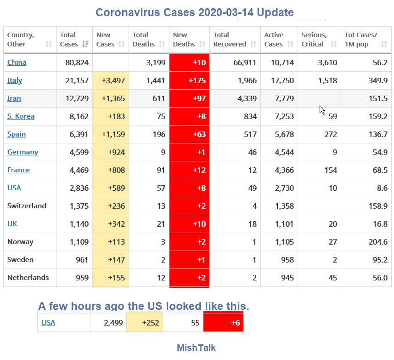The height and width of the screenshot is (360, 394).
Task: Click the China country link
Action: pos(17,63)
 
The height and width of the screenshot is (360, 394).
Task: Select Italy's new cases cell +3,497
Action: pos(111,80)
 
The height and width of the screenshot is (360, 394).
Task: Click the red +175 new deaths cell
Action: pos(189,80)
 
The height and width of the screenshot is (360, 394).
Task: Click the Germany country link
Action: pos(23,152)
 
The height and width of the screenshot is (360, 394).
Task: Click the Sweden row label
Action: pos(20,260)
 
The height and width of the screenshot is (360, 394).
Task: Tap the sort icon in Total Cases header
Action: pos(85,44)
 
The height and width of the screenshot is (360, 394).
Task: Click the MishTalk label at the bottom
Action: pos(196,348)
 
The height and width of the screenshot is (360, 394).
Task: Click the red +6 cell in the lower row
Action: pos(223,323)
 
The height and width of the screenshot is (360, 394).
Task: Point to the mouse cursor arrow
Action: pos(322,110)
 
